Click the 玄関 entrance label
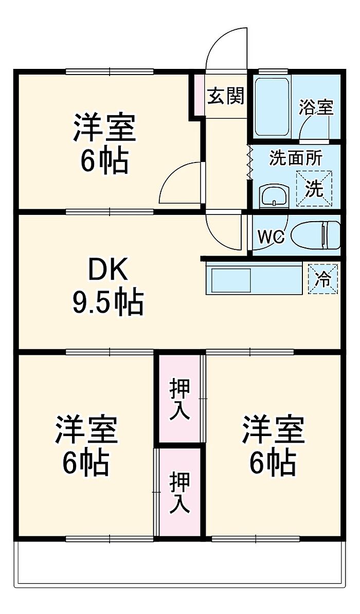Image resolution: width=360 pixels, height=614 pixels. pos(225,96)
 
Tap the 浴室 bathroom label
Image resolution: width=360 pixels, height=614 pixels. pos(316,107)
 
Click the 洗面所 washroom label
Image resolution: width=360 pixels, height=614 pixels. pos(295,158)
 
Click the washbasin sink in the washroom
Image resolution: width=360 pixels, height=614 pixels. pos(274,195)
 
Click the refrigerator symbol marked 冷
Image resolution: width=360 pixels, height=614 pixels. pos(323,279)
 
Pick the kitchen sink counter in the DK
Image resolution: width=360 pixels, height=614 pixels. pos(253,279)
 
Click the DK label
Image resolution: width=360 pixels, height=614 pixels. pos(107,270)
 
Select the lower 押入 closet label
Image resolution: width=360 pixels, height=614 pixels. pos(180,493)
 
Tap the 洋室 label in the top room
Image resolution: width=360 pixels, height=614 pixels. pos(104,128)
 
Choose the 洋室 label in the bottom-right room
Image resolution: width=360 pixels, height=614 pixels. pos(273,429)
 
